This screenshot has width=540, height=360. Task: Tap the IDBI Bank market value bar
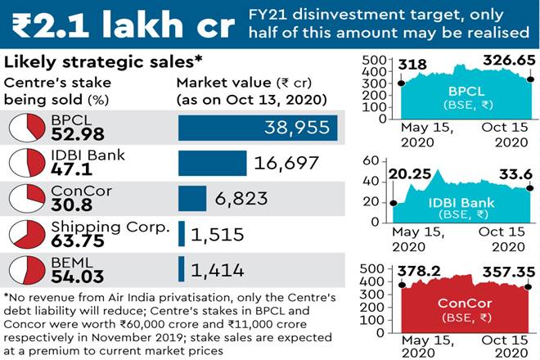212,163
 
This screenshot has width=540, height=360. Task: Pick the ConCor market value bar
192,199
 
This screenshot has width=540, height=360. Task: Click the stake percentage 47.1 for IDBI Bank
70,171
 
